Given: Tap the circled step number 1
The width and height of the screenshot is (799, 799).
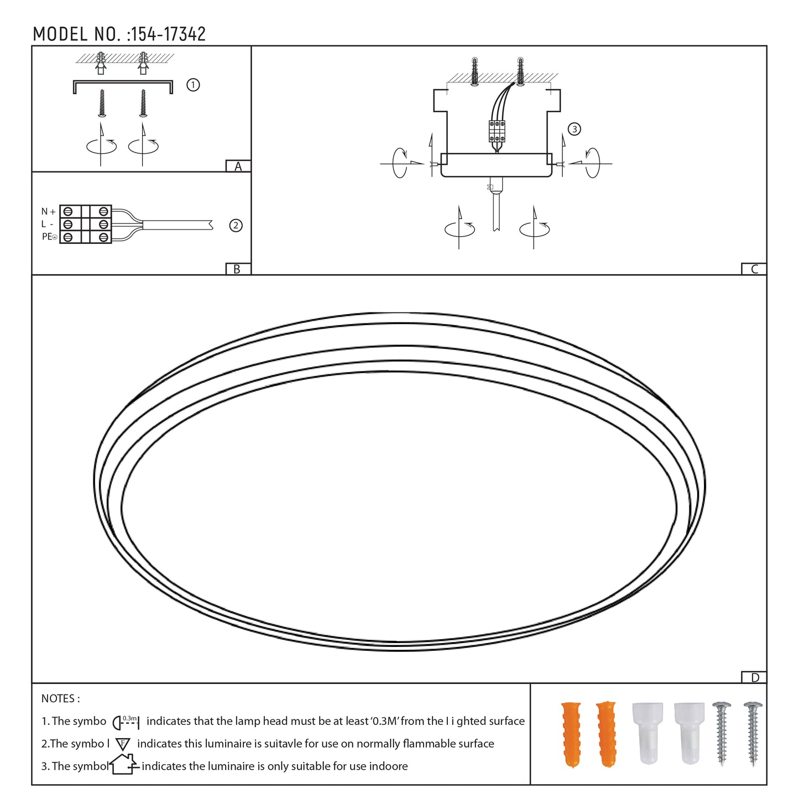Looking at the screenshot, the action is pos(193,85).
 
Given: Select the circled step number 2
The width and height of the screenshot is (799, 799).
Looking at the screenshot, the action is pos(236,226).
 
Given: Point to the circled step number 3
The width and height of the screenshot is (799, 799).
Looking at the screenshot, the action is pos(575,129).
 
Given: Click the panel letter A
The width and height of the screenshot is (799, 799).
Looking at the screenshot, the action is pos(238,166).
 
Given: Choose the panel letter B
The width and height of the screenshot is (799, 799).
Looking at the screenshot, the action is pos(237,269).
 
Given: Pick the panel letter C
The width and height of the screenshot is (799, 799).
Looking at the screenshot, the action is pos(754,269).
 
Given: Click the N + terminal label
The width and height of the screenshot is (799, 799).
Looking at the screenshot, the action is pos(49,212).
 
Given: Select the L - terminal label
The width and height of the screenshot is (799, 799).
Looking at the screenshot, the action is pos(47,224).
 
